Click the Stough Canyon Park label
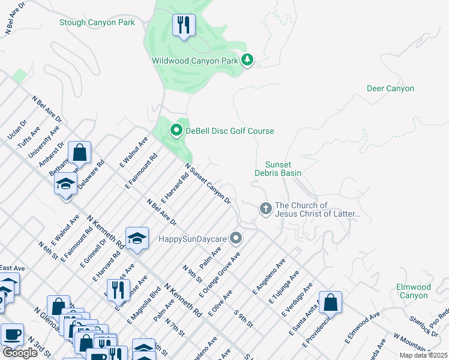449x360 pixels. coord(97,23)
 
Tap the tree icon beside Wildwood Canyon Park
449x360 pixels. coord(247,60)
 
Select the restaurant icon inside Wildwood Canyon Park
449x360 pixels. coord(183,25)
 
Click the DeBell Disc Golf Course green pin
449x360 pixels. coord(176,130)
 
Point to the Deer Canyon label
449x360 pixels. coord(390,88)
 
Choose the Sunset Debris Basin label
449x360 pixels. coord(283,169)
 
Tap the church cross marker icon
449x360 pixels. coord(266,209)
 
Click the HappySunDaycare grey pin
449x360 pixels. coord(236,239)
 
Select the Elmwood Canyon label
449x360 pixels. coord(413,291)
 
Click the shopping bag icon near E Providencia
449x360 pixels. coord(330,302)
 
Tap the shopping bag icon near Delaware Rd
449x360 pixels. coord(79,153)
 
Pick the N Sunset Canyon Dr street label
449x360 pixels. coord(208,184)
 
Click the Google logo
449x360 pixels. coord(20,352)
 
